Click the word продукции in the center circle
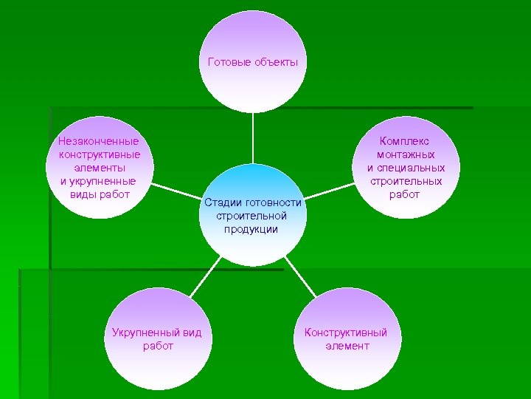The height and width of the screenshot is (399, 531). click(251, 229)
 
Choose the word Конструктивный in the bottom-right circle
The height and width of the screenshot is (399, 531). click(346, 332)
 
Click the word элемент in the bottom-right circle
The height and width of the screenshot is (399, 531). click(347, 346)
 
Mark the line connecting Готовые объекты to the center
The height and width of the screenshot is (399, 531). click(253, 138)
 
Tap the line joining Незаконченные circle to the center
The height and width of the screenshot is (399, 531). click(174, 191)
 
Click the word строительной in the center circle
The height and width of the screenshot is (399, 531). click(251, 216)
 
